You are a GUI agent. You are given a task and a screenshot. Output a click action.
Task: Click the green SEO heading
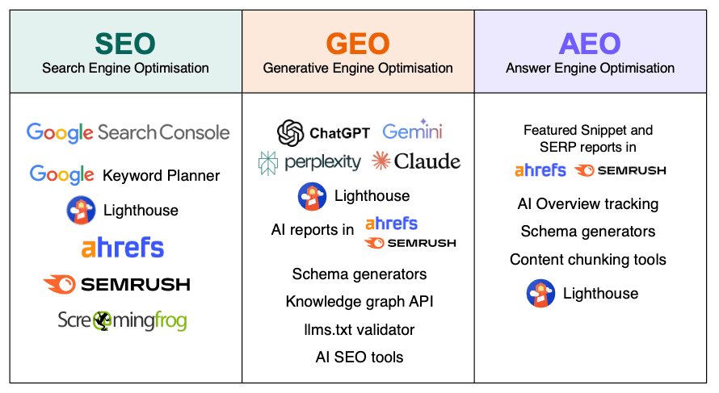coord(125,43)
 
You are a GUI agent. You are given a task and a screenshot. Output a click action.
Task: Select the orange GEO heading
coord(358,43)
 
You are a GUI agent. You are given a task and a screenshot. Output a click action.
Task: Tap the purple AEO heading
coord(590,43)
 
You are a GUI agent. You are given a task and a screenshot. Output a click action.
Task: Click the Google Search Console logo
coord(128,132)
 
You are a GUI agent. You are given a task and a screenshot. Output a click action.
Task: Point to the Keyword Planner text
coord(161,175)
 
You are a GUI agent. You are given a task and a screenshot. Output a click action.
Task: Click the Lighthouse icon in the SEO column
coord(81,211)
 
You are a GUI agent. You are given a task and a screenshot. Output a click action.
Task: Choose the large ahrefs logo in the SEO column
coord(123,247)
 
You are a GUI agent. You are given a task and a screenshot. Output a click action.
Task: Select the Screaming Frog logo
coord(122,320)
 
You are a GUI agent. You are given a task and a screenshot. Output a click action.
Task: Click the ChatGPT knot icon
coord(291,133)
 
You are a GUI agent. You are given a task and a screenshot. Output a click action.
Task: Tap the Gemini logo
coord(412,132)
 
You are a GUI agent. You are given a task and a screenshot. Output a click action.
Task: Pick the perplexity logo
coord(309,162)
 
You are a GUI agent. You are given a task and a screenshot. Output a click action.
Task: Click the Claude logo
coord(416,161)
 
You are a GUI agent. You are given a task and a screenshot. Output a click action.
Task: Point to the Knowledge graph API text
coord(359,302)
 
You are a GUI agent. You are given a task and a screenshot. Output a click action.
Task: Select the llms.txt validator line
coord(359,329)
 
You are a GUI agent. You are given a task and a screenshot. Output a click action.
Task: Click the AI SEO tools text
coord(359,357)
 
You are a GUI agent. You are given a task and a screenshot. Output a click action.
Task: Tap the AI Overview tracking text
coord(588,204)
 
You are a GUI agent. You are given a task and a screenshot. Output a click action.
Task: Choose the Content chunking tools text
coord(588,260)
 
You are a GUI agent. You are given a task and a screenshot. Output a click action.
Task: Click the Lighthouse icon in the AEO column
coord(540,294)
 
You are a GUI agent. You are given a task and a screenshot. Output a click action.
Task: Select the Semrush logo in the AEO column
coord(620,170)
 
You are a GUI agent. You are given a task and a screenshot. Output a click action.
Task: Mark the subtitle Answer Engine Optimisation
coord(590,68)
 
